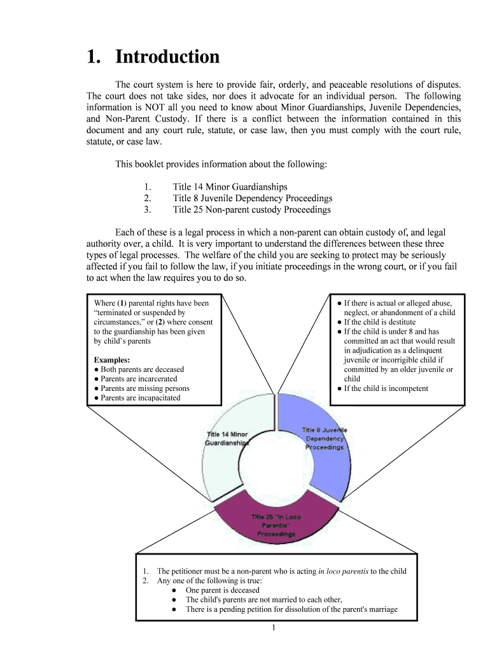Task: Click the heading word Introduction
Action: (167, 57)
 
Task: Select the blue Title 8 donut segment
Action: (321, 446)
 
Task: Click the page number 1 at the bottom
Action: (272, 628)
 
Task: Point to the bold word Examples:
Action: (112, 360)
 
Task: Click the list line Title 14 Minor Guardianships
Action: (230, 187)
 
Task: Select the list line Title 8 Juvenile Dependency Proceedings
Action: (252, 198)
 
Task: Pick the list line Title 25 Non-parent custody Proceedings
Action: (251, 209)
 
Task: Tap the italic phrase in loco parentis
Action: (342, 571)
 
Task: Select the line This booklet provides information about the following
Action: (221, 164)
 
